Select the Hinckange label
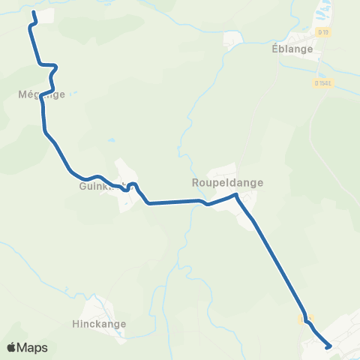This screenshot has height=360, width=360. click(100, 325)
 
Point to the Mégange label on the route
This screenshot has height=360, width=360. click(42, 94)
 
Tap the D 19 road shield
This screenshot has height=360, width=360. click(323, 31)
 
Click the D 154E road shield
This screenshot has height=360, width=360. click(323, 83)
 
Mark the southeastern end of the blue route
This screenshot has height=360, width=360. click(329, 346)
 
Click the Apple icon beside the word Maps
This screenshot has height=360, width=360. click(11, 346)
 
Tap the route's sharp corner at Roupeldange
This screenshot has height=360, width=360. click(236, 195)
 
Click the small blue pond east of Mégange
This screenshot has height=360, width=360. click(111, 140)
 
